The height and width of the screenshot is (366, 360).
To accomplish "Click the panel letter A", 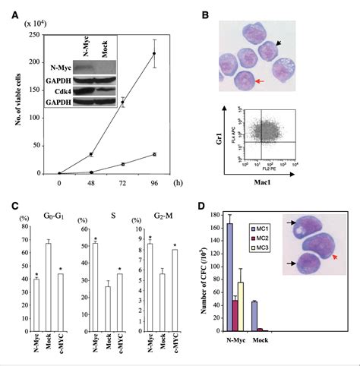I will (17, 8).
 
